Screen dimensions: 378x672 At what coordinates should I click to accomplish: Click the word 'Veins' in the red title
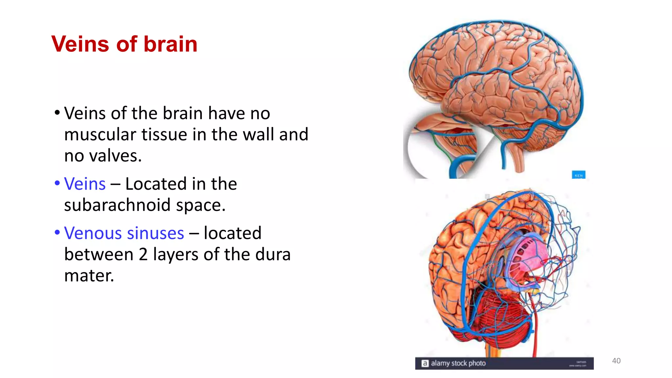(x=80, y=44)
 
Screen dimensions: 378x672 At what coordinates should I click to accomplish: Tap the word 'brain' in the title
(x=170, y=44)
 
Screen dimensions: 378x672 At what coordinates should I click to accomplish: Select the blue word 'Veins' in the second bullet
(x=85, y=184)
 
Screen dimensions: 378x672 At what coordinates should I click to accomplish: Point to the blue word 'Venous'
(x=92, y=233)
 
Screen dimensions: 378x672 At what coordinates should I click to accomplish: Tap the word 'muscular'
(x=100, y=135)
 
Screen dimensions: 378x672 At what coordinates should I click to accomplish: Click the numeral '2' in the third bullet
(x=143, y=255)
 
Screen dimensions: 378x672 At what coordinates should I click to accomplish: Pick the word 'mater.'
(x=89, y=276)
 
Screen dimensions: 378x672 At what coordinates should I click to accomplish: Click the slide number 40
(x=616, y=361)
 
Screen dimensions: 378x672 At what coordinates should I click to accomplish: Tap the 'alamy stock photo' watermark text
(x=458, y=363)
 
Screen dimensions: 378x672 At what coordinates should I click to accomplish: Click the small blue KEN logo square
(x=578, y=175)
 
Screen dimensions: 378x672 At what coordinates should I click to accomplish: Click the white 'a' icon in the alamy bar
(x=425, y=363)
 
